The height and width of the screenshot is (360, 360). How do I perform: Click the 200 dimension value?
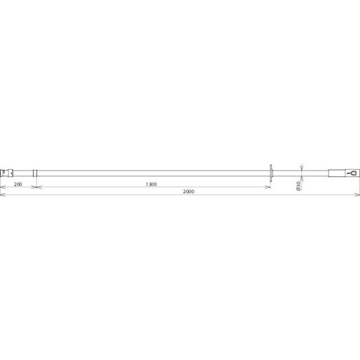pos(18,184)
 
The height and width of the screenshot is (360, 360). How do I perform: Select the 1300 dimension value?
pos(151,184)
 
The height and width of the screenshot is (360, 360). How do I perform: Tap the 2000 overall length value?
pos(188,191)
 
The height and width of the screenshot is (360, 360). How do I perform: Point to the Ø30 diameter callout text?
pos(299,186)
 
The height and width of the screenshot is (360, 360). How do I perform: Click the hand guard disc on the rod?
pos(271,173)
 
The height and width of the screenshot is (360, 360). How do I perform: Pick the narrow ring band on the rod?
pos(35,173)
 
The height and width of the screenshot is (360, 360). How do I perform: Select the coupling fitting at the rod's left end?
pos(6,173)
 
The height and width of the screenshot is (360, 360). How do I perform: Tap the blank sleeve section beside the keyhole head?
pos(336,173)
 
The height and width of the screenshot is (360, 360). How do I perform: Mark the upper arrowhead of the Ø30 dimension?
pos(301,168)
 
